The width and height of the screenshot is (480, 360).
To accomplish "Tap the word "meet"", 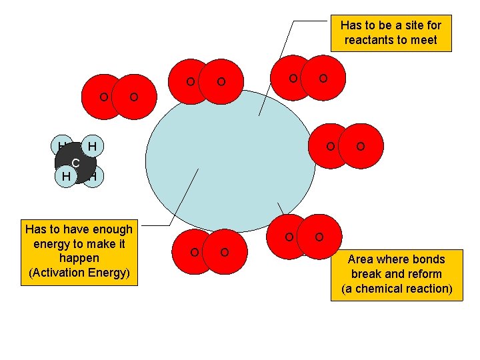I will pos(424,40).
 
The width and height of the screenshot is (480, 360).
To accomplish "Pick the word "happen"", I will pos(79,257).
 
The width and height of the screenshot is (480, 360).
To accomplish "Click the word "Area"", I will pos(361,259).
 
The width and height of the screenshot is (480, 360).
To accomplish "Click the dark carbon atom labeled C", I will pos(76,163).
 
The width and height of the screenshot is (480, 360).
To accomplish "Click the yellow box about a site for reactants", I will pos(391,33).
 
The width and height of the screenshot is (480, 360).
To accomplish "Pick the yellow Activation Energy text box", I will pos(79,251).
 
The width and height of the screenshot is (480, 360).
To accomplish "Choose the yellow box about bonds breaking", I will pos(396,274).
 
